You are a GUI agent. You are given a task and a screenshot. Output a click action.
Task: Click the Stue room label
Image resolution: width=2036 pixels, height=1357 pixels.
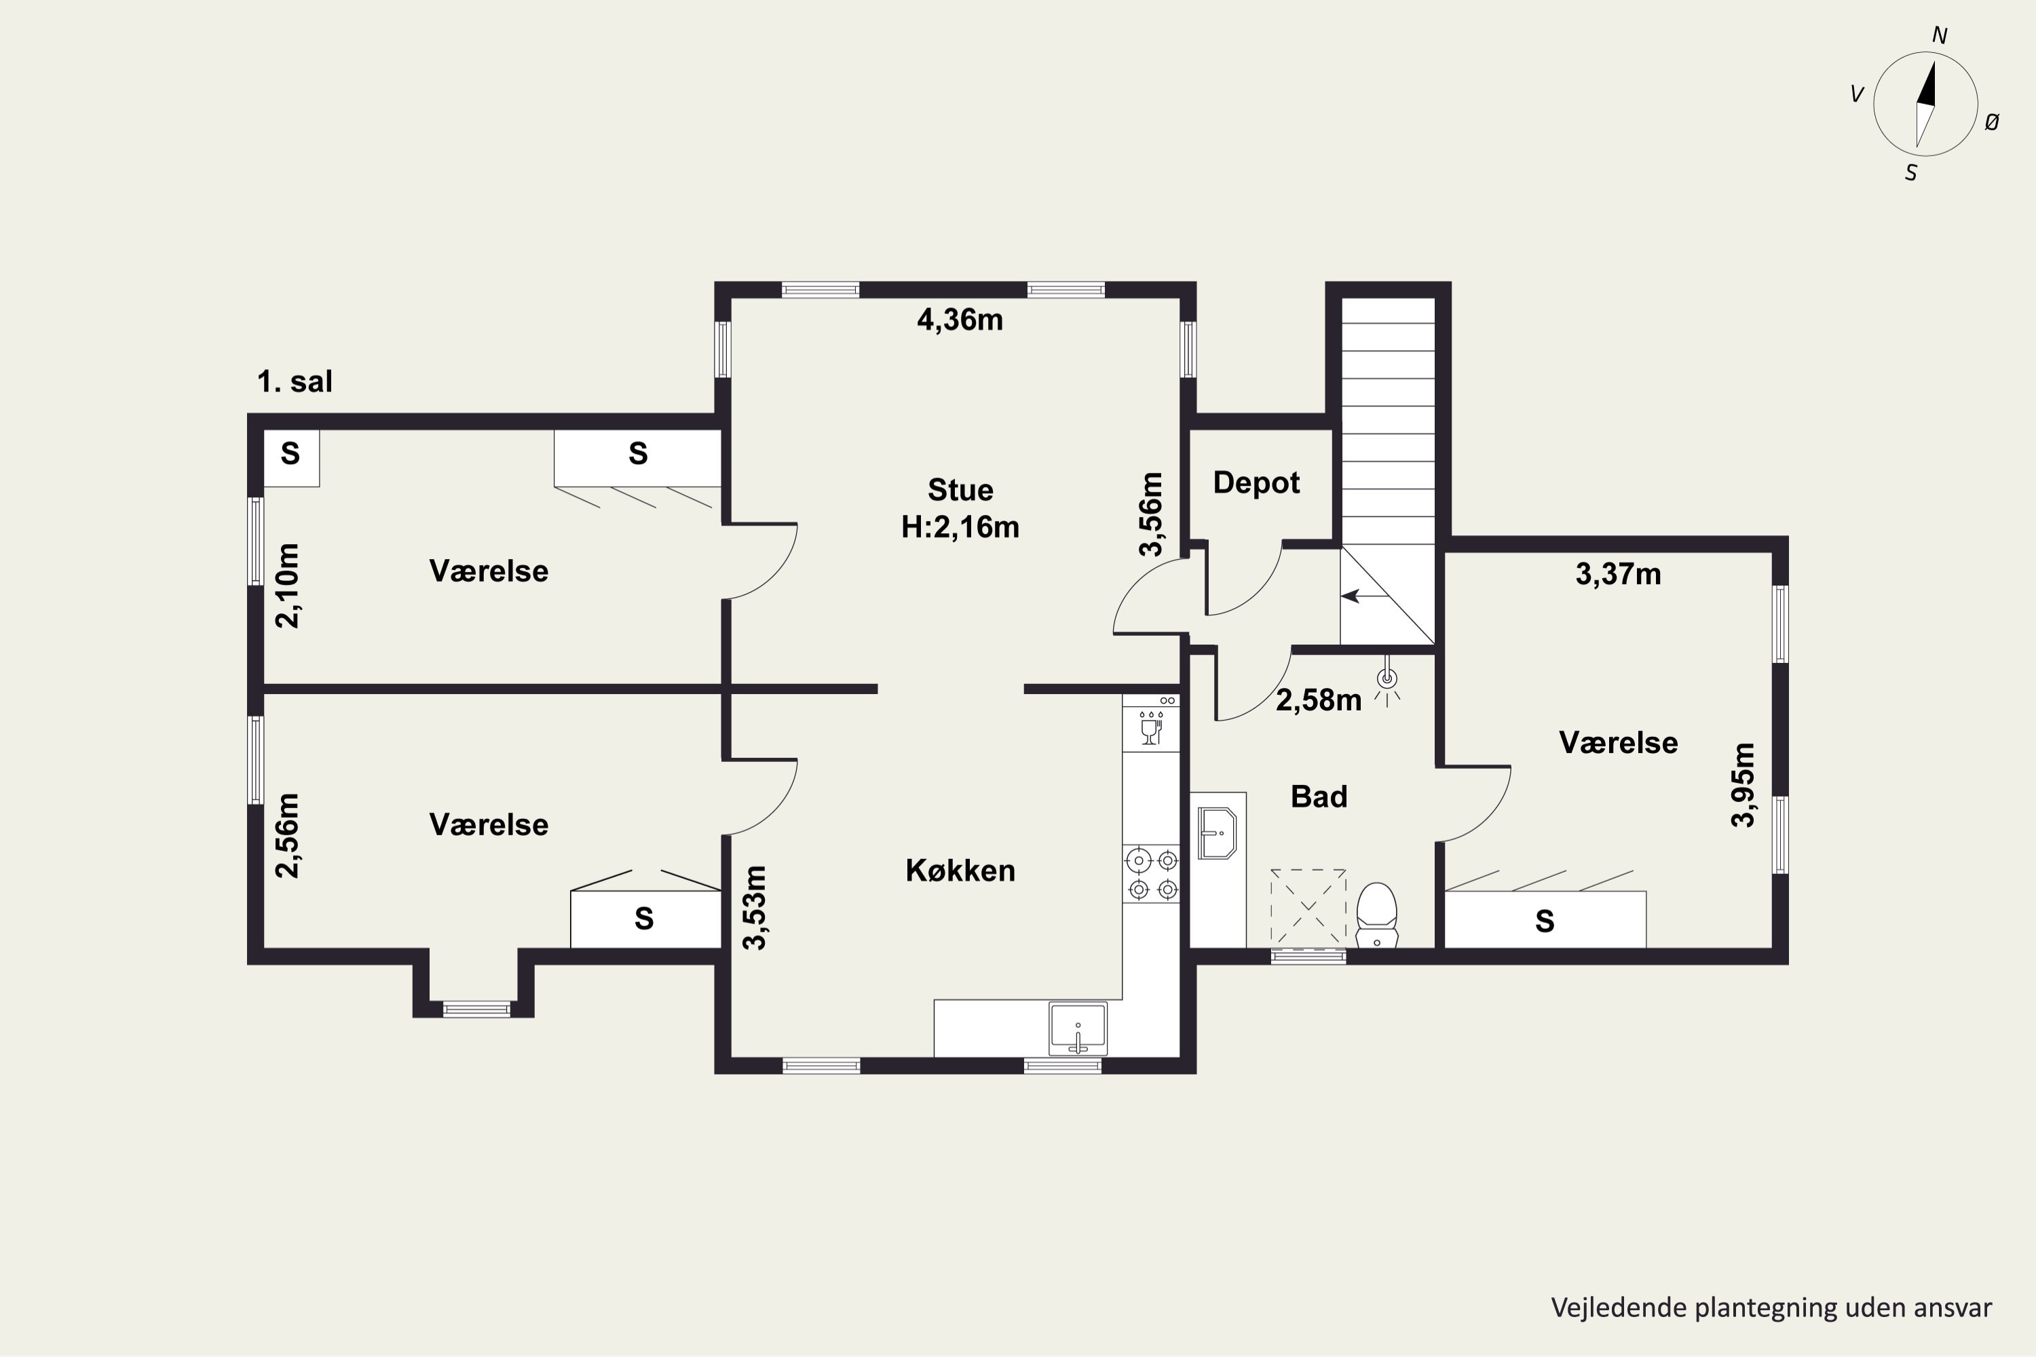pyautogui.click(x=960, y=490)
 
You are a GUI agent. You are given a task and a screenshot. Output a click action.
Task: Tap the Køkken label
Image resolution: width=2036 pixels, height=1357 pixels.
pyautogui.click(x=960, y=870)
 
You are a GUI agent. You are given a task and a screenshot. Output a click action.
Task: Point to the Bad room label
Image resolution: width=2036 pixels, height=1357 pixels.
pyautogui.click(x=1319, y=796)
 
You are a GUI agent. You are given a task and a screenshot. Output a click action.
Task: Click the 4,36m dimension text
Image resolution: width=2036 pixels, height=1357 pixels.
pyautogui.click(x=960, y=320)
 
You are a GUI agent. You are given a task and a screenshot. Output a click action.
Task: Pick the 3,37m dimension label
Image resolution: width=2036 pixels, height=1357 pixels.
pyautogui.click(x=1618, y=574)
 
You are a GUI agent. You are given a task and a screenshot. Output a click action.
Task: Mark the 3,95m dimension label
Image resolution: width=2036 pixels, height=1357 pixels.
pyautogui.click(x=1743, y=785)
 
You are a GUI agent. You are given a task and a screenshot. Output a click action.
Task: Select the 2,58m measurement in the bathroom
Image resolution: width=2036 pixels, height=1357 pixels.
pyautogui.click(x=1319, y=700)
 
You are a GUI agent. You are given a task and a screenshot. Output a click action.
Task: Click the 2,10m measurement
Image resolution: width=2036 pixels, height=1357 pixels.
pyautogui.click(x=286, y=586)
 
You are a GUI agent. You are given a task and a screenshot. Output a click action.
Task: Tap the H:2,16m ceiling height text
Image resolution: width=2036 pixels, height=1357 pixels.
pyautogui.click(x=960, y=527)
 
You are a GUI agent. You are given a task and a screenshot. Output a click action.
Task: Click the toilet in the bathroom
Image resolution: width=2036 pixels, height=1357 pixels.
pyautogui.click(x=1376, y=915)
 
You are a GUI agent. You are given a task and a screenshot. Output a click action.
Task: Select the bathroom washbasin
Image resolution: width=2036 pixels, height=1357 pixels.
pyautogui.click(x=1216, y=833)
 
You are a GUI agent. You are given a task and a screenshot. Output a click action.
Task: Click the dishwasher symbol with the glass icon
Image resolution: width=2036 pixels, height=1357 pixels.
pyautogui.click(x=1151, y=723)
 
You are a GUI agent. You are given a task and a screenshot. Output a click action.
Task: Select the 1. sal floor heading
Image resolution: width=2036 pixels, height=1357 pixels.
pyautogui.click(x=295, y=381)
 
